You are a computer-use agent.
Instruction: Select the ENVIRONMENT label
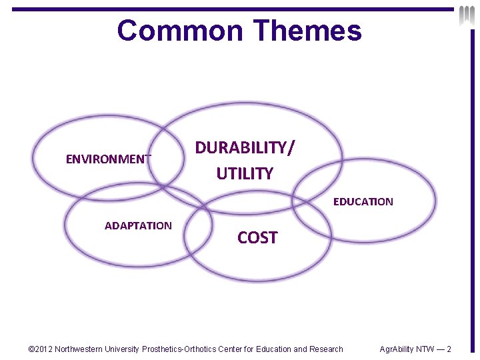click(x=108, y=159)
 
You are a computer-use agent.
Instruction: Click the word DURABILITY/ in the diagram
click(x=244, y=147)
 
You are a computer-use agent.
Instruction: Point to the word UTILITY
click(x=245, y=174)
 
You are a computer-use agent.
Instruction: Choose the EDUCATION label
click(x=363, y=201)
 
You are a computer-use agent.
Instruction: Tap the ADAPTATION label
click(x=138, y=225)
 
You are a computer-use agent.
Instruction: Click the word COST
click(x=257, y=237)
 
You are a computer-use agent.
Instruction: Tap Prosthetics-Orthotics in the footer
click(x=181, y=349)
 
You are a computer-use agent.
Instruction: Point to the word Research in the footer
click(x=327, y=349)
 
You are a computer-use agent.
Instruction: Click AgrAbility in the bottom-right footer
click(x=397, y=349)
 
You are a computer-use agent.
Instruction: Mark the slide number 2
click(x=449, y=349)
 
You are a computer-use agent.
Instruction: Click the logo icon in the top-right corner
click(x=466, y=15)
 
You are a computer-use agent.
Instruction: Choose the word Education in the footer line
click(x=274, y=349)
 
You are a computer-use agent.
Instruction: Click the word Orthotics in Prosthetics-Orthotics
click(x=202, y=349)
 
